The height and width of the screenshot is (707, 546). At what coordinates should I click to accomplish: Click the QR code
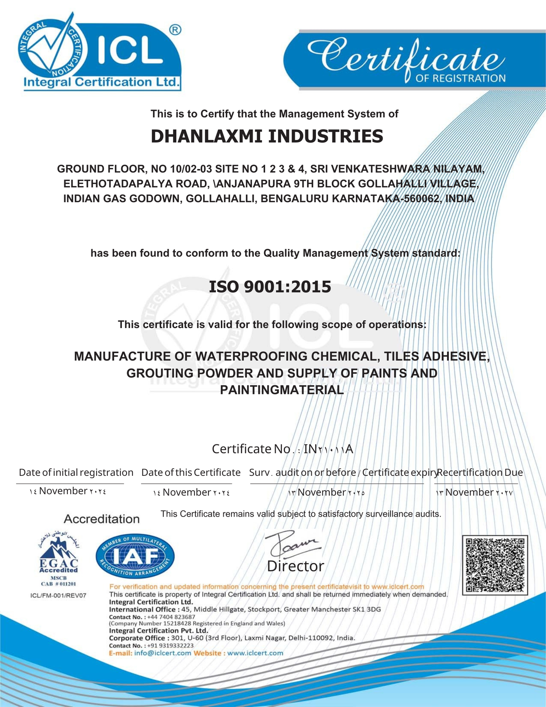(494, 565)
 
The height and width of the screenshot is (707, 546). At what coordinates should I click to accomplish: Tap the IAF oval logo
(135, 556)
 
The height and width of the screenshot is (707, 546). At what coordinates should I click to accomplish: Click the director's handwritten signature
(293, 544)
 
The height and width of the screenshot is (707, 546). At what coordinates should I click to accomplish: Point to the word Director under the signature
(295, 566)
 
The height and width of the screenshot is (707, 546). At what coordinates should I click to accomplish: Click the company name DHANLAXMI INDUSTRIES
(267, 136)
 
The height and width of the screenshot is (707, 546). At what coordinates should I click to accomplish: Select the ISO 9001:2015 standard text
(270, 287)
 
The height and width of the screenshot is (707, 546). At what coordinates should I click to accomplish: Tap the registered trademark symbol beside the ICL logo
(176, 30)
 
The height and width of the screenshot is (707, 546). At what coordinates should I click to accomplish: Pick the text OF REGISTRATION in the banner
(460, 78)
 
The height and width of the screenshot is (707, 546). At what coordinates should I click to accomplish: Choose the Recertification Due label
(479, 472)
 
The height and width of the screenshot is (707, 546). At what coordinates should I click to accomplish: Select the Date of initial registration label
(76, 472)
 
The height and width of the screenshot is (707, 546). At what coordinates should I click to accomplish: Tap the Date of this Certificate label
(191, 472)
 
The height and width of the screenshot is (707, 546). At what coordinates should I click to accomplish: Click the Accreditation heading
(102, 519)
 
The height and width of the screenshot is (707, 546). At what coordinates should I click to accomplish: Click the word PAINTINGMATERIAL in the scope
(282, 390)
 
